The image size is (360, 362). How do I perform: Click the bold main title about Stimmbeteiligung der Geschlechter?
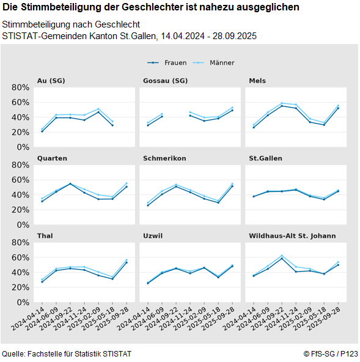tap(151, 7)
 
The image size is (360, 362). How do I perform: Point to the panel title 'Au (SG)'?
tap(51, 81)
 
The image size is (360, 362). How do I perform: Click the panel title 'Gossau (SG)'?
tap(165, 81)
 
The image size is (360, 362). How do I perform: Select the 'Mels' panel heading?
tap(257, 81)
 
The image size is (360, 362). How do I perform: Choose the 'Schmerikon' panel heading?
tap(164, 158)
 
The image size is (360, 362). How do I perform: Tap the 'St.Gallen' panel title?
tap(265, 158)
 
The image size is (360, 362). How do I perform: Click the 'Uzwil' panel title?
tap(153, 235)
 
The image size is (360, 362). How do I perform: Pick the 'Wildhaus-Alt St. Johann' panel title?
tap(292, 235)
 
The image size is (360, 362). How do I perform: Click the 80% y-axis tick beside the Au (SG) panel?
tap(20, 87)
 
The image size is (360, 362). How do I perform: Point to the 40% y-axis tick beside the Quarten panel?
tap(20, 194)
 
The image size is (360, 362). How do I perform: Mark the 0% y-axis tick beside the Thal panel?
tap(23, 302)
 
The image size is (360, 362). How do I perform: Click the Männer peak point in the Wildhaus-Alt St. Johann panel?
tap(282, 256)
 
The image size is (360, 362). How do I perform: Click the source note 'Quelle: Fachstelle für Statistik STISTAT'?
tap(67, 354)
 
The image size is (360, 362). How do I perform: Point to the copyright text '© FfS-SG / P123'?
tap(331, 354)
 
